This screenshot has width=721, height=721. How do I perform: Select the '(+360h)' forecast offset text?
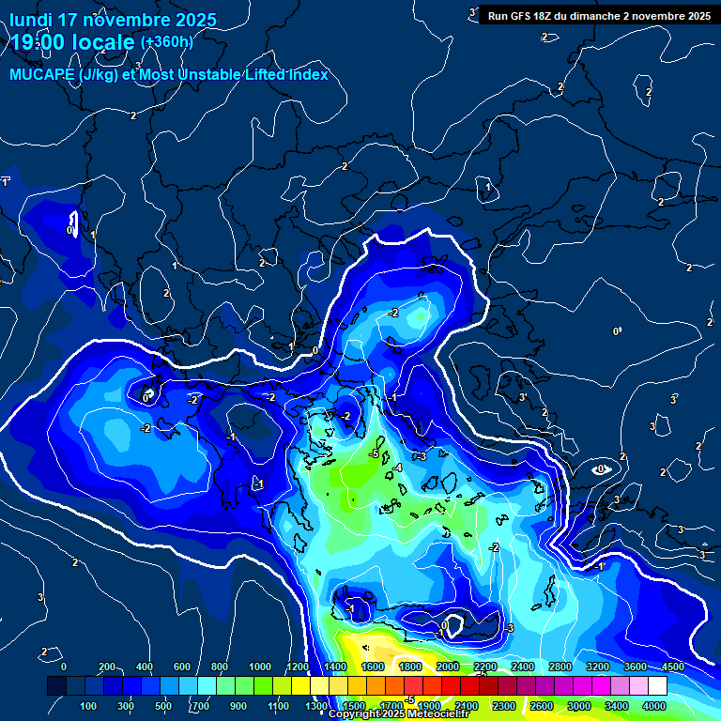(x=166, y=41)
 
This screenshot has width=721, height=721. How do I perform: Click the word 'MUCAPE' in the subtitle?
(x=42, y=75)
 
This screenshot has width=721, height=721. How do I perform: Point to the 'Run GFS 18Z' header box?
(x=599, y=16)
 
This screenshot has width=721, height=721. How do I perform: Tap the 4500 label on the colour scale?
(x=672, y=667)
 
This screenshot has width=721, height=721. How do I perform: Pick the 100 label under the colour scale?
(x=89, y=706)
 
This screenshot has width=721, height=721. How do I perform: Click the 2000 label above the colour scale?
(x=448, y=667)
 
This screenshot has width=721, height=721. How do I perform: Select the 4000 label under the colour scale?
(x=654, y=706)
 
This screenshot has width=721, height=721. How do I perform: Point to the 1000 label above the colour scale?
(x=260, y=667)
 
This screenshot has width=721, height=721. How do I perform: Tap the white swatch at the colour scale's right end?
(x=683, y=686)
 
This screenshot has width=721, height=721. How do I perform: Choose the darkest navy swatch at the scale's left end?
(x=56, y=686)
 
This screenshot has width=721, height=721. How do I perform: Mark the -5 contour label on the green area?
(x=374, y=454)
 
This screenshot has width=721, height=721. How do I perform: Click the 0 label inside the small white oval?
(x=602, y=468)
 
